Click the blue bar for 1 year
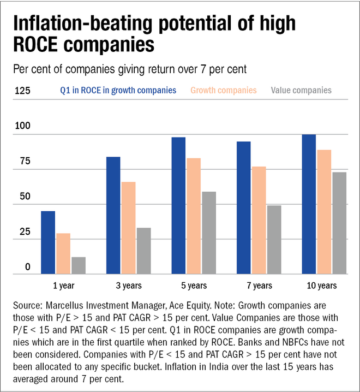pos(48,242)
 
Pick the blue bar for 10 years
pos(309,204)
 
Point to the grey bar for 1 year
pos(79,265)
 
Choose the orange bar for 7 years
pos(259,220)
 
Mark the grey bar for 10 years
pos(339,223)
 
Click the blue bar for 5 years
pos(178,205)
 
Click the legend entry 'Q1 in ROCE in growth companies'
pos(118,90)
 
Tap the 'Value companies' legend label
pos(301,90)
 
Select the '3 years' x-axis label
pos(129,286)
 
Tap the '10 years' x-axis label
pos(324,286)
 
